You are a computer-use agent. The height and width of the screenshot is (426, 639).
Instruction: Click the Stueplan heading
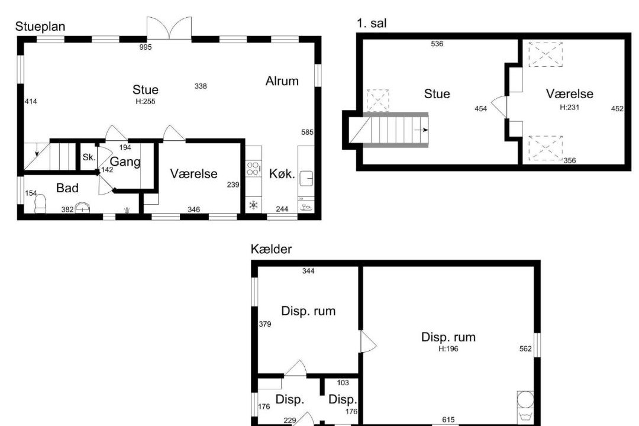coord(40,27)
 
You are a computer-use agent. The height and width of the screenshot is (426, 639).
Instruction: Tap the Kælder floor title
coord(271,248)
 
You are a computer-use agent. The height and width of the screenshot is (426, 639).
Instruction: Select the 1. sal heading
coord(371,23)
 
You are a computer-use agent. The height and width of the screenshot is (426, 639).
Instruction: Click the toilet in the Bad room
coord(40,204)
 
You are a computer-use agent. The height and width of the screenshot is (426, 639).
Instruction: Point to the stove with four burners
coord(253,169)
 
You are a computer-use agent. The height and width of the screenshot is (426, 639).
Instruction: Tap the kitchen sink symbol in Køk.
coord(306,178)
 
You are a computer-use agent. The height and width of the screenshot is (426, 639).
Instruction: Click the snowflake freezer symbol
coord(253,205)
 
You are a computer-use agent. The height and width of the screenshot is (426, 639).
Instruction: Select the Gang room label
coord(125,162)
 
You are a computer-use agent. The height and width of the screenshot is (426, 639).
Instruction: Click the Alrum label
coord(282,80)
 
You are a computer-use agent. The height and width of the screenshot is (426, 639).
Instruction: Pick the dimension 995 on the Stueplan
coord(146,47)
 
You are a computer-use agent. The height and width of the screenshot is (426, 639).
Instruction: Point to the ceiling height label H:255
coord(146,102)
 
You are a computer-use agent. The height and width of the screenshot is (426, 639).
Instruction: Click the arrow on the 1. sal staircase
coord(421,130)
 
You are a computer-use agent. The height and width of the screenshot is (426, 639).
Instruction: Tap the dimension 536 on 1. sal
coord(437,44)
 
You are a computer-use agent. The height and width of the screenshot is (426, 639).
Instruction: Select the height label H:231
coord(569,108)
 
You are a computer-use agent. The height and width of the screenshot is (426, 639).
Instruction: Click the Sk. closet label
coord(89,157)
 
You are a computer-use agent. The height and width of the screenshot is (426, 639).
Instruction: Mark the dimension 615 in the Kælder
coord(448,419)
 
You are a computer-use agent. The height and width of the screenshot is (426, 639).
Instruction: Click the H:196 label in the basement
coord(448,348)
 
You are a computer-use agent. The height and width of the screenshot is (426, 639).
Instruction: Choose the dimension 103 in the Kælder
coord(343,383)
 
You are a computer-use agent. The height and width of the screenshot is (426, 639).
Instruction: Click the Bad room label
coord(67,188)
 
